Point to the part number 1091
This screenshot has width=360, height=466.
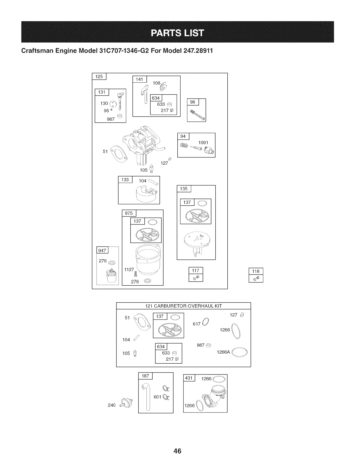tap(203, 143)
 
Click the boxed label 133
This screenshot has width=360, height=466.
tap(125, 180)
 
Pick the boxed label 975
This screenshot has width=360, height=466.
tap(129, 213)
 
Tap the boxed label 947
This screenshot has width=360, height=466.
tap(103, 250)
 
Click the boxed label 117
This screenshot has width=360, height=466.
tap(196, 271)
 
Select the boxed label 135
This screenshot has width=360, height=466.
tap(184, 189)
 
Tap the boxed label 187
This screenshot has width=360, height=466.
tap(145, 376)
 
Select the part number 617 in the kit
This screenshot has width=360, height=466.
tap(196, 324)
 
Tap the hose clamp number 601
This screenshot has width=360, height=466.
tap(157, 397)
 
